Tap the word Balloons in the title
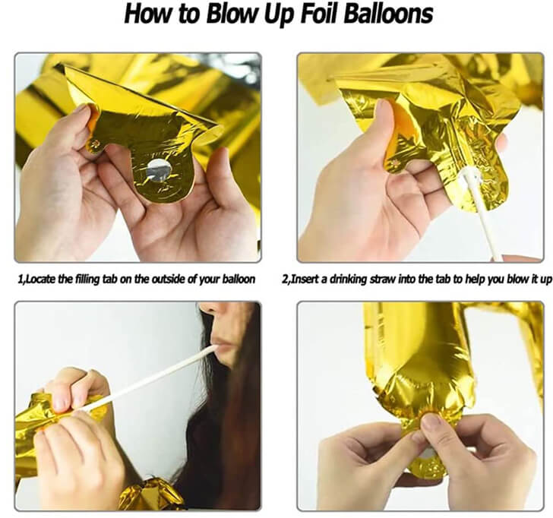388,14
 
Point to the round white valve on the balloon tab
158,170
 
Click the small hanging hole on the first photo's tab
94,144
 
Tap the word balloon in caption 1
238,280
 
